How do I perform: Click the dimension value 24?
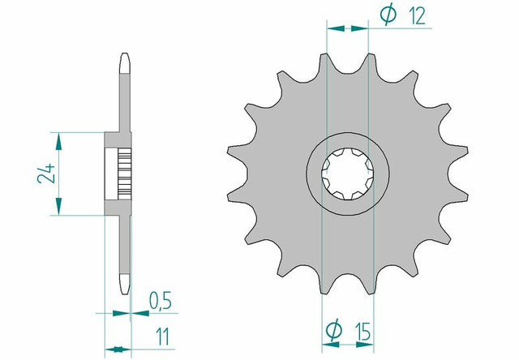pos(46,173)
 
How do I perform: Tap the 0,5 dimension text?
pos(161,301)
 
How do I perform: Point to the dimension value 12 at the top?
pos(417,15)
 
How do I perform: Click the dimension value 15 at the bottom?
pos(362,332)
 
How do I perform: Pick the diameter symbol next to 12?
pos(388,14)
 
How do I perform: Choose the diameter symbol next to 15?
pos(333,329)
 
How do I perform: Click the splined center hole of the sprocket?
pos(348,174)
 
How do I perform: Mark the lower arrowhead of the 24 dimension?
pos(58,207)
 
